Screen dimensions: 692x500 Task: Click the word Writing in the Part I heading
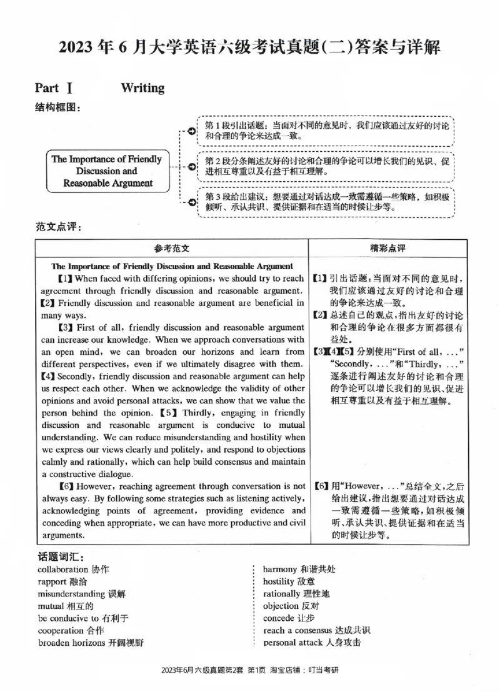point(142,88)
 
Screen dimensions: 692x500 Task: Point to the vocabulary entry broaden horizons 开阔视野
point(91,643)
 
